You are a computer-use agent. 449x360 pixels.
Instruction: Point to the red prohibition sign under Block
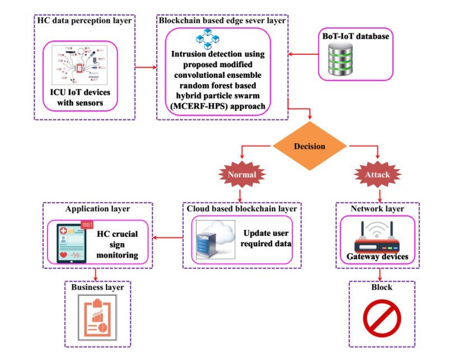(x=381, y=317)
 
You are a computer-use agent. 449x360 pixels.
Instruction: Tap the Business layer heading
(x=97, y=287)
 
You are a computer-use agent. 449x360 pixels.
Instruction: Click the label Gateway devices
(x=381, y=257)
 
